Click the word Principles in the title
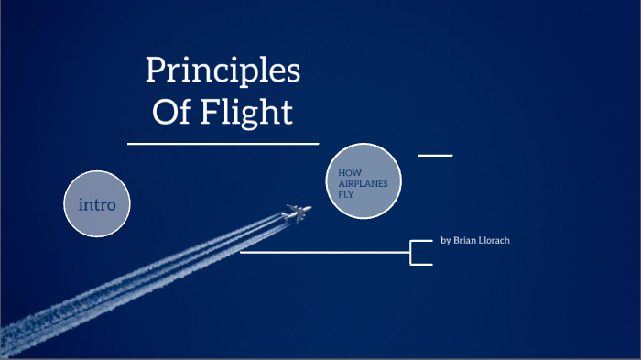click(x=223, y=71)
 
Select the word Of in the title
click(x=168, y=112)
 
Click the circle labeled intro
click(x=97, y=204)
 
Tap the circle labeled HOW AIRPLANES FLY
click(x=364, y=181)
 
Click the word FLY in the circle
click(x=345, y=193)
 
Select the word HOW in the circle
click(x=348, y=172)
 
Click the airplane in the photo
click(x=296, y=213)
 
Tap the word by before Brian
click(x=445, y=240)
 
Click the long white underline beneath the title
click(x=223, y=144)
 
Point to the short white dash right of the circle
click(x=435, y=155)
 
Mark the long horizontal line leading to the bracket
click(x=325, y=253)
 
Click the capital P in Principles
click(x=155, y=71)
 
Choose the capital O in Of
click(x=161, y=112)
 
